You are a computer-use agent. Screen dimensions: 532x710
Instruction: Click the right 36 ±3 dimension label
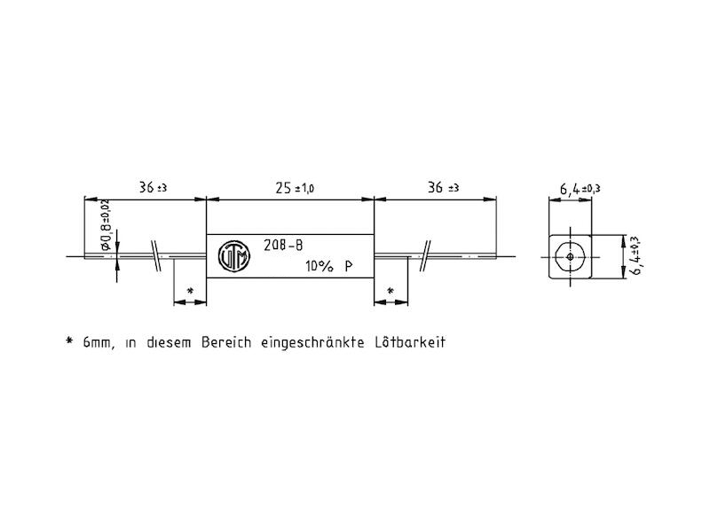click(x=441, y=188)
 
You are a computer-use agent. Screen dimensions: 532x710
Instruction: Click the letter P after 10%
click(x=350, y=267)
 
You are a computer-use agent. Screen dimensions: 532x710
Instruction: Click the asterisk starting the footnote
click(x=68, y=341)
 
